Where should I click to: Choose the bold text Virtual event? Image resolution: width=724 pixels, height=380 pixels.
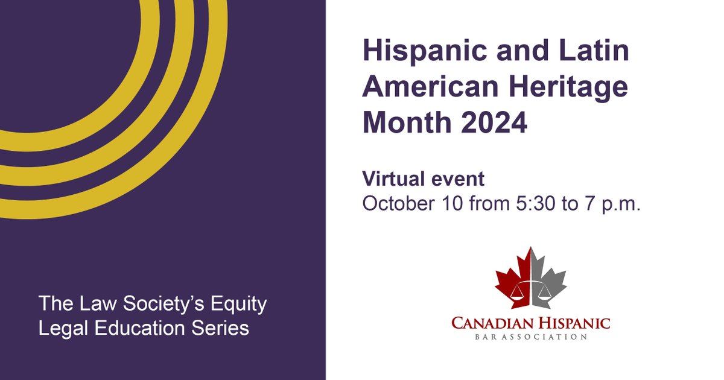(423, 179)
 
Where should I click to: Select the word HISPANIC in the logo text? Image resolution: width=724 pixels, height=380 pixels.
(574, 323)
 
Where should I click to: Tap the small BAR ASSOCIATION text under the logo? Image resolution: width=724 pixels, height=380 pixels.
(531, 337)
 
